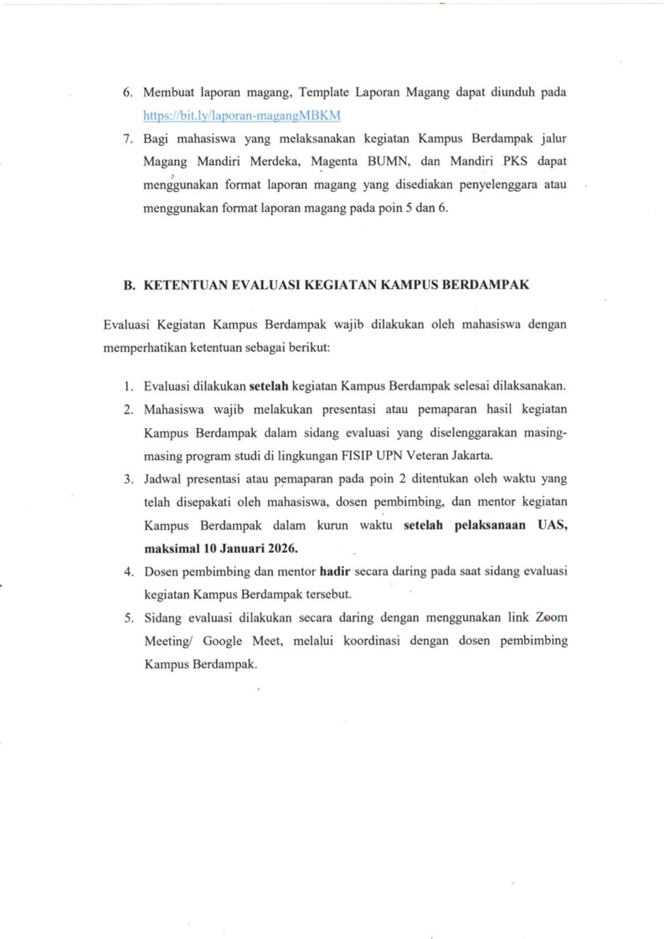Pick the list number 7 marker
pyautogui.click(x=127, y=137)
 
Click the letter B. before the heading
pyautogui.click(x=129, y=285)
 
